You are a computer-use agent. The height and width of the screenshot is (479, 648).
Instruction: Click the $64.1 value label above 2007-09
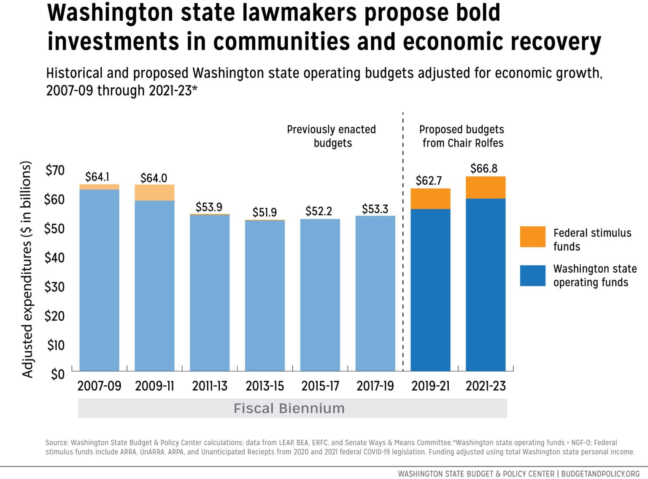97,177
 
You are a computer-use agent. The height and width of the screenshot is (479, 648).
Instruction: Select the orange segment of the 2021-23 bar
485,188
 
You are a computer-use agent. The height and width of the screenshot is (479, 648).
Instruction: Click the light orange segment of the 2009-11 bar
154,193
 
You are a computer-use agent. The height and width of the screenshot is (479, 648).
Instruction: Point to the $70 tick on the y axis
55,170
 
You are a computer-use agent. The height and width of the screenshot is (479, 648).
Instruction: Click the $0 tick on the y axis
57,374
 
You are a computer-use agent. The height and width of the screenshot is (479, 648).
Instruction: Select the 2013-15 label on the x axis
265,386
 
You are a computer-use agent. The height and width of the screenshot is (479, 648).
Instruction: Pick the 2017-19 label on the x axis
375,386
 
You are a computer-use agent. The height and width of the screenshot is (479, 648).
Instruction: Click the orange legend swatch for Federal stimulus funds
532,237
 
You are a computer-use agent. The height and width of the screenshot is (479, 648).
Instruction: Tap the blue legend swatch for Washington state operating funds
532,275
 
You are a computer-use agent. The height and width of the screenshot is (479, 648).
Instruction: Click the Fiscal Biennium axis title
289,408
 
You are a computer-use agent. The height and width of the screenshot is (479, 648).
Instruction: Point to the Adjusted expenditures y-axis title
27,269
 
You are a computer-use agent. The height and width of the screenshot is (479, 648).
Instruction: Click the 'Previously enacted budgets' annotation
332,136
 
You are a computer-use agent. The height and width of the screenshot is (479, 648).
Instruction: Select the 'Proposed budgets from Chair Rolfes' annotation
462,136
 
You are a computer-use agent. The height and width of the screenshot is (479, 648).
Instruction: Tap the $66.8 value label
484,169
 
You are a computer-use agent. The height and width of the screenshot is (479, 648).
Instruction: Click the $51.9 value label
265,212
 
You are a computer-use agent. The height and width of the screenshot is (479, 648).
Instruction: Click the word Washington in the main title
111,13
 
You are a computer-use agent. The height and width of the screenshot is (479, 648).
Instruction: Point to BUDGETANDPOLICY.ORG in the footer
600,474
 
